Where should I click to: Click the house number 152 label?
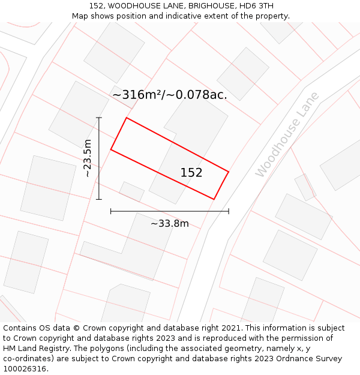[191, 173]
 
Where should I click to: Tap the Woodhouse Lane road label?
[287, 134]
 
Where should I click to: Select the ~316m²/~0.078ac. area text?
[170, 95]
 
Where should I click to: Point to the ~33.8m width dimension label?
[170, 224]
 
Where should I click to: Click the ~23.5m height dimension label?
[88, 158]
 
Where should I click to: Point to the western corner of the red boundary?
[111, 149]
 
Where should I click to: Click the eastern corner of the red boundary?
[229, 172]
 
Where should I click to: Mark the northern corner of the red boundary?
[126, 118]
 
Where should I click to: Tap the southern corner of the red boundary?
[214, 199]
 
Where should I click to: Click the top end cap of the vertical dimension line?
[99, 118]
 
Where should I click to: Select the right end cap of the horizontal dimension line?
[229, 211]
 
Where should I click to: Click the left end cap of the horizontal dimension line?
[111, 211]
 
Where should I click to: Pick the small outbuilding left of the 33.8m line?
[132, 191]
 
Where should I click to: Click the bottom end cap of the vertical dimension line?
[99, 199]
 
